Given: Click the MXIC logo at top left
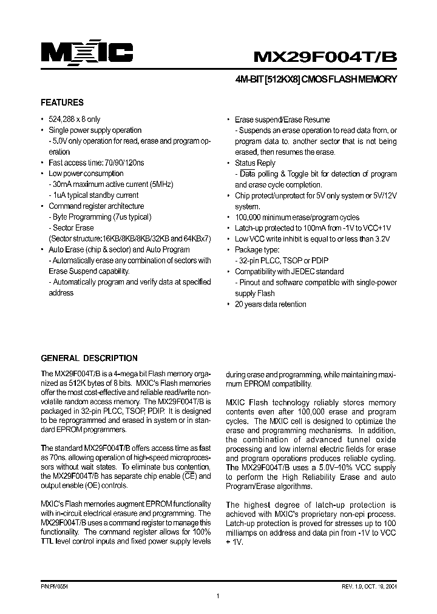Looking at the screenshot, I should pyautogui.click(x=87, y=54).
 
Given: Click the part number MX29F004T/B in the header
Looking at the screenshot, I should pyautogui.click(x=325, y=56).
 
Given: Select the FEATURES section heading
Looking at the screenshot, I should pyautogui.click(x=62, y=103).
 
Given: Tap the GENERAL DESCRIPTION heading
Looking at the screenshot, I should pyautogui.click(x=89, y=358).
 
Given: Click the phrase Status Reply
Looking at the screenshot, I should pyautogui.click(x=255, y=163).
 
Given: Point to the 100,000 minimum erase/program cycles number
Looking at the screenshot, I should pyautogui.click(x=251, y=217).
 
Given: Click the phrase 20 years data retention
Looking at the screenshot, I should pyautogui.click(x=270, y=305).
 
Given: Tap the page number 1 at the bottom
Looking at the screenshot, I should pyautogui.click(x=217, y=597).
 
